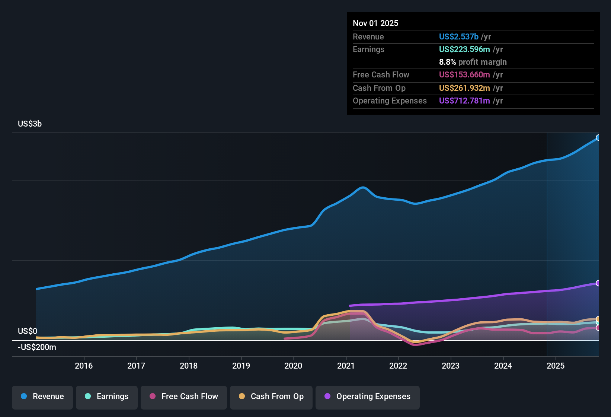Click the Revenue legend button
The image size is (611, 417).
(42, 397)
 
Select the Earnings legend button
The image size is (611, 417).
(107, 397)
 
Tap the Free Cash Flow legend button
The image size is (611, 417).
(184, 397)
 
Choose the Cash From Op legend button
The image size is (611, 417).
(271, 397)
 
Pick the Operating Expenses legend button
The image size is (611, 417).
(368, 397)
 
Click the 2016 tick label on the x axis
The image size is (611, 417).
(84, 366)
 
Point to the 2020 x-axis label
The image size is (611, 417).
(293, 366)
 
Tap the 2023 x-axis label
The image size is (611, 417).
(451, 366)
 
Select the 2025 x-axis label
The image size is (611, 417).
(556, 366)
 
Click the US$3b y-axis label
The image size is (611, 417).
(30, 124)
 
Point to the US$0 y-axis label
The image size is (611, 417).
(28, 331)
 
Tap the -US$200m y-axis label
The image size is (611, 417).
(37, 347)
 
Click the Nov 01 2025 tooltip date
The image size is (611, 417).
(375, 23)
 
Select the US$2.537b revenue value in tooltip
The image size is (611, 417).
(458, 36)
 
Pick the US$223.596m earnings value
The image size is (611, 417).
(464, 49)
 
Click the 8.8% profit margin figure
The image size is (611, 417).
(447, 62)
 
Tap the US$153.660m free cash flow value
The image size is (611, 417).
(464, 74)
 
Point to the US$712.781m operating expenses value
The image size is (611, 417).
(464, 101)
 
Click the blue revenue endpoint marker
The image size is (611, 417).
(598, 138)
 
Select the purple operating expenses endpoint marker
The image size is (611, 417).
(598, 283)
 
